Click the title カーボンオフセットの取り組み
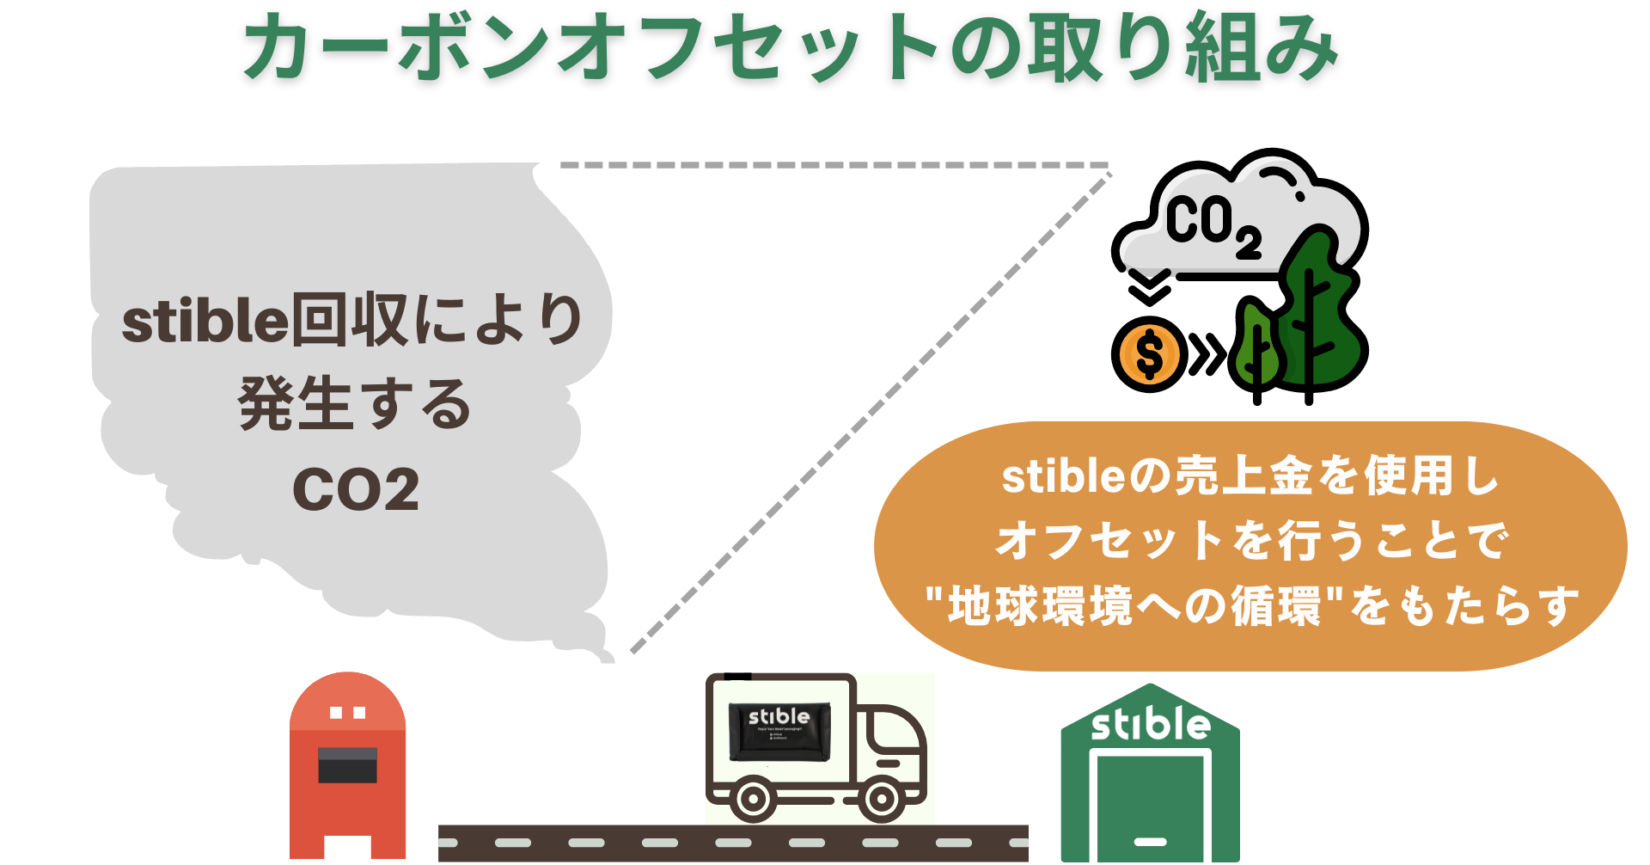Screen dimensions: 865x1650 coord(791,48)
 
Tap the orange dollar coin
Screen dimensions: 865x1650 coord(1149,353)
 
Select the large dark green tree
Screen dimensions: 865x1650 coord(1315,310)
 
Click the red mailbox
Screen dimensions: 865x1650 coord(347,765)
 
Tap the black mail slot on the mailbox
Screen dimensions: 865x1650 coord(347,764)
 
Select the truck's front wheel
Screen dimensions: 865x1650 coord(881,799)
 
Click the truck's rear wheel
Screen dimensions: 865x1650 coord(753,799)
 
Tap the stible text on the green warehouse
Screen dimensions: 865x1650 coord(1150,724)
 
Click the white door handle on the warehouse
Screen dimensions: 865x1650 coord(1150,841)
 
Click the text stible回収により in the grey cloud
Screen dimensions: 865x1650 coord(352,320)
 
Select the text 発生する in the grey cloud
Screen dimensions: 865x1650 coord(354,404)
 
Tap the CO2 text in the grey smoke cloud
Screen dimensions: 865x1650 coord(356,490)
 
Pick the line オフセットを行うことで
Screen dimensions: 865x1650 coord(1250,541)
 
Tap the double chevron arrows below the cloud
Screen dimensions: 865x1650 coord(1149,287)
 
